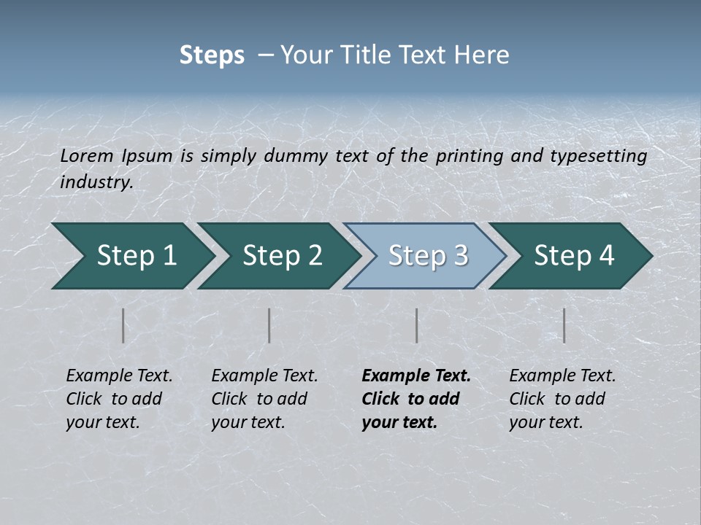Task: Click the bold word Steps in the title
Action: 212,55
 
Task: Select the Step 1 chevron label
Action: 137,256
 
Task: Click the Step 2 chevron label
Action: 283,256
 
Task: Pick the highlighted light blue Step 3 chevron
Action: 428,256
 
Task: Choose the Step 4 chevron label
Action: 574,256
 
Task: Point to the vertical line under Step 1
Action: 123,325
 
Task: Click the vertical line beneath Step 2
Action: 269,325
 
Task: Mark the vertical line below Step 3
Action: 417,325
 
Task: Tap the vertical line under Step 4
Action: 564,325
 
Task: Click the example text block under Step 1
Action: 119,399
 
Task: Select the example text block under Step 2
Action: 264,399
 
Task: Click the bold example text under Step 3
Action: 416,399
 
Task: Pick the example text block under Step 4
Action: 562,399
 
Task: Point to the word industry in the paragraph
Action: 96,182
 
